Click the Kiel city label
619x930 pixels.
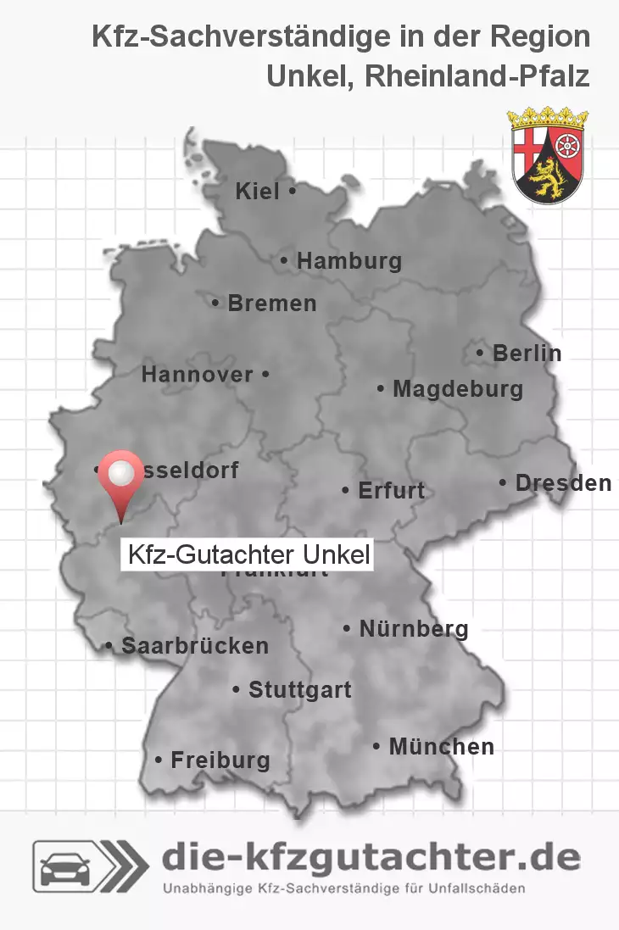257,192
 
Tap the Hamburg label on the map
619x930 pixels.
349,261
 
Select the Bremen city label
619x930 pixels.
271,303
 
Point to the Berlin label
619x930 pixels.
526,353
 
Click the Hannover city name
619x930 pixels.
198,374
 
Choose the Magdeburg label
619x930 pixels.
457,389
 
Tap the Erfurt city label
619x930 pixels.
391,490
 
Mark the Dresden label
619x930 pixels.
562,483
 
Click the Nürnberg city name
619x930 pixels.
413,629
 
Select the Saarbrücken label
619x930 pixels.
194,646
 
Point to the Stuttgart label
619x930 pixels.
299,690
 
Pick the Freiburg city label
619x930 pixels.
220,760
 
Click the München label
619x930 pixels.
441,747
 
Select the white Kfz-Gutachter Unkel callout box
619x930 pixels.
248,555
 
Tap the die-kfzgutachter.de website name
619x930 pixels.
371,858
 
